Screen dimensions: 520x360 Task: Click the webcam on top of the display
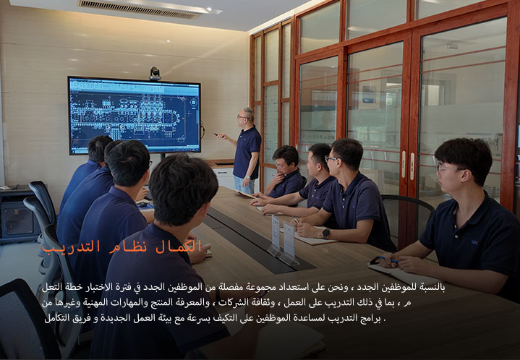point(155,73)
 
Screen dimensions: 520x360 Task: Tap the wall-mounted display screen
point(135,116)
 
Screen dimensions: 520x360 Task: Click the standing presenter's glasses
point(242,116)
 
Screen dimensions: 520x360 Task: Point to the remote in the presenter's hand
point(217,134)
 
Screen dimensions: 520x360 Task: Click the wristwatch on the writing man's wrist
point(325,233)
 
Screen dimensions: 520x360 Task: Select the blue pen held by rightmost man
point(388,260)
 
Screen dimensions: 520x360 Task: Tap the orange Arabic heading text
point(122,247)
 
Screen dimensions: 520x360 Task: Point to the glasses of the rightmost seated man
point(446,168)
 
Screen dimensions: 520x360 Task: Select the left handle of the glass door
point(404,164)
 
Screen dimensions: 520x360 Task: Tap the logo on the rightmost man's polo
point(474,243)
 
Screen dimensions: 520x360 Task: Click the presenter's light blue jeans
point(244,184)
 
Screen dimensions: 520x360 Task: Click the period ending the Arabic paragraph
point(384,320)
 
